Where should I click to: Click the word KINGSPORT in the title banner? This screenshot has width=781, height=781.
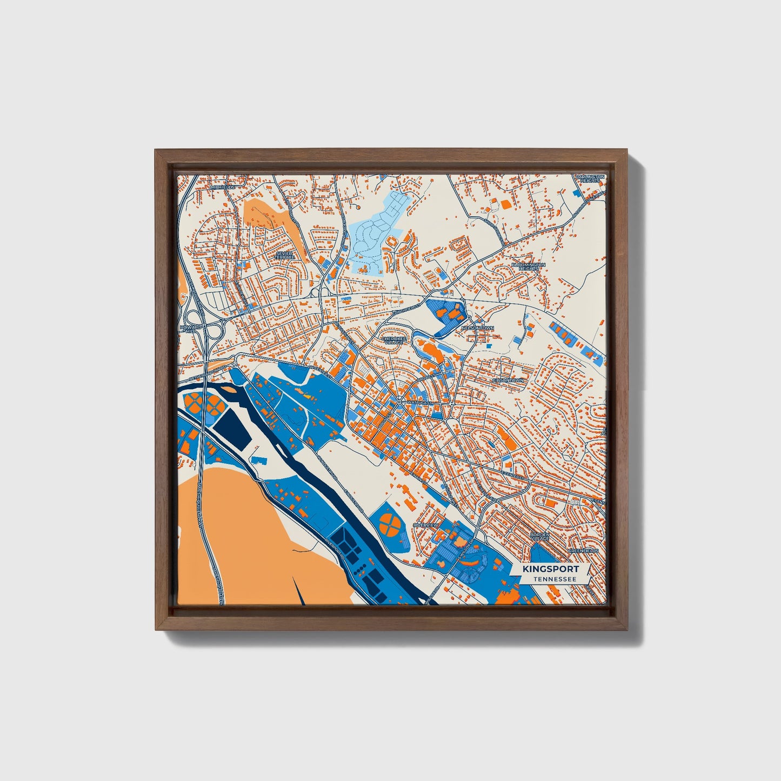(550, 569)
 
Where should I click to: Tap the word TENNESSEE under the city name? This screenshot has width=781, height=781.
(553, 579)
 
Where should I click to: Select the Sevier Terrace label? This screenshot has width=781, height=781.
(284, 255)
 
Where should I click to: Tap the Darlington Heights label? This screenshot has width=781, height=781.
(589, 178)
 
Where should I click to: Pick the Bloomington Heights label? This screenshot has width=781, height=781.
(528, 267)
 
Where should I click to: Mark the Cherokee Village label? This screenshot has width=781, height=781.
(393, 341)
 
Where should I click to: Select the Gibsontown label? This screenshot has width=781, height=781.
(508, 381)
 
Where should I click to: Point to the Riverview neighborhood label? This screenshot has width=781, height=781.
(425, 525)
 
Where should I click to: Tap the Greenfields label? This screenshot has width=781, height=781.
(583, 551)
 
